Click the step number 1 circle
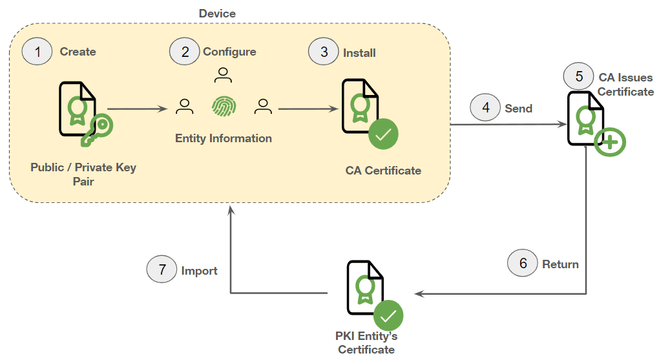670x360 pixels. pyautogui.click(x=37, y=52)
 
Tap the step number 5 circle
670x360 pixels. pyautogui.click(x=579, y=76)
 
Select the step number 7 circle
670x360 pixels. pyautogui.click(x=162, y=270)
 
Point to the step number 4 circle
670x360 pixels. pyautogui.click(x=486, y=107)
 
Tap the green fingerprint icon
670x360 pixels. pyautogui.click(x=224, y=107)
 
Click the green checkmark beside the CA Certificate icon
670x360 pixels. pyautogui.click(x=383, y=134)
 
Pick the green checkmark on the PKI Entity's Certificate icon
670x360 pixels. pyautogui.click(x=388, y=315)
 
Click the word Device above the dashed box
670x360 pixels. pyautogui.click(x=217, y=14)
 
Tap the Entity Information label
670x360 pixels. pyautogui.click(x=224, y=138)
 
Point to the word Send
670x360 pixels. pyautogui.click(x=518, y=108)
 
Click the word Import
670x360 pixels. pyautogui.click(x=199, y=271)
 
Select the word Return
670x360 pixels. pyautogui.click(x=560, y=264)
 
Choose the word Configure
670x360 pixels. pyautogui.click(x=229, y=52)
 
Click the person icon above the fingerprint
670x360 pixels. pyautogui.click(x=223, y=76)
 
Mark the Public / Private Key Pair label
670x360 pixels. pyautogui.click(x=83, y=175)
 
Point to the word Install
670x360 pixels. pyautogui.click(x=359, y=52)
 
